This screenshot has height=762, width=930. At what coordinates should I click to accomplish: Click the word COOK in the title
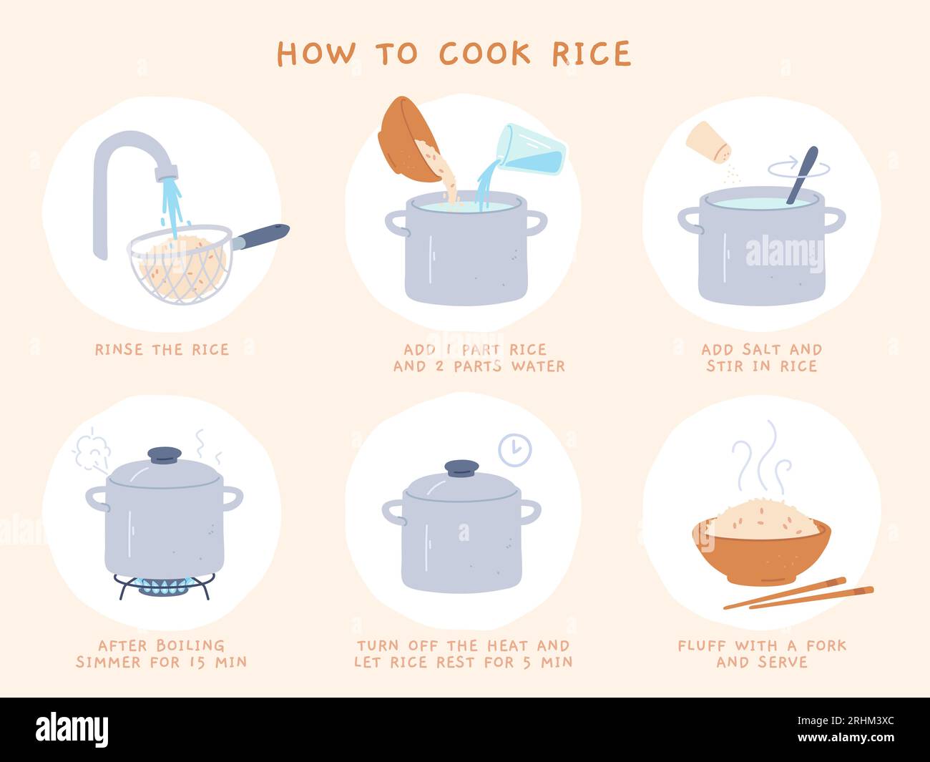pos(484,54)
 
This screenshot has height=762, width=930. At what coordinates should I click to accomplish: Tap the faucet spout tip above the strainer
pos(167,172)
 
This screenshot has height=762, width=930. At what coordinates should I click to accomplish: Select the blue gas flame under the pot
pos(163,587)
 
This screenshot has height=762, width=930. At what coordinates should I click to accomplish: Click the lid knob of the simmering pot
pos(165,455)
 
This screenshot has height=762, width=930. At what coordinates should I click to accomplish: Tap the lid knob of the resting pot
pos(461,468)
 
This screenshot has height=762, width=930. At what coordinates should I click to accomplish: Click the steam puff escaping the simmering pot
pos(92,449)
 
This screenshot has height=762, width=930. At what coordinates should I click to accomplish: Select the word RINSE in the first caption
pos(118,350)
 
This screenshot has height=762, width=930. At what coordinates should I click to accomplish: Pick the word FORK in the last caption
pos(826,645)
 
